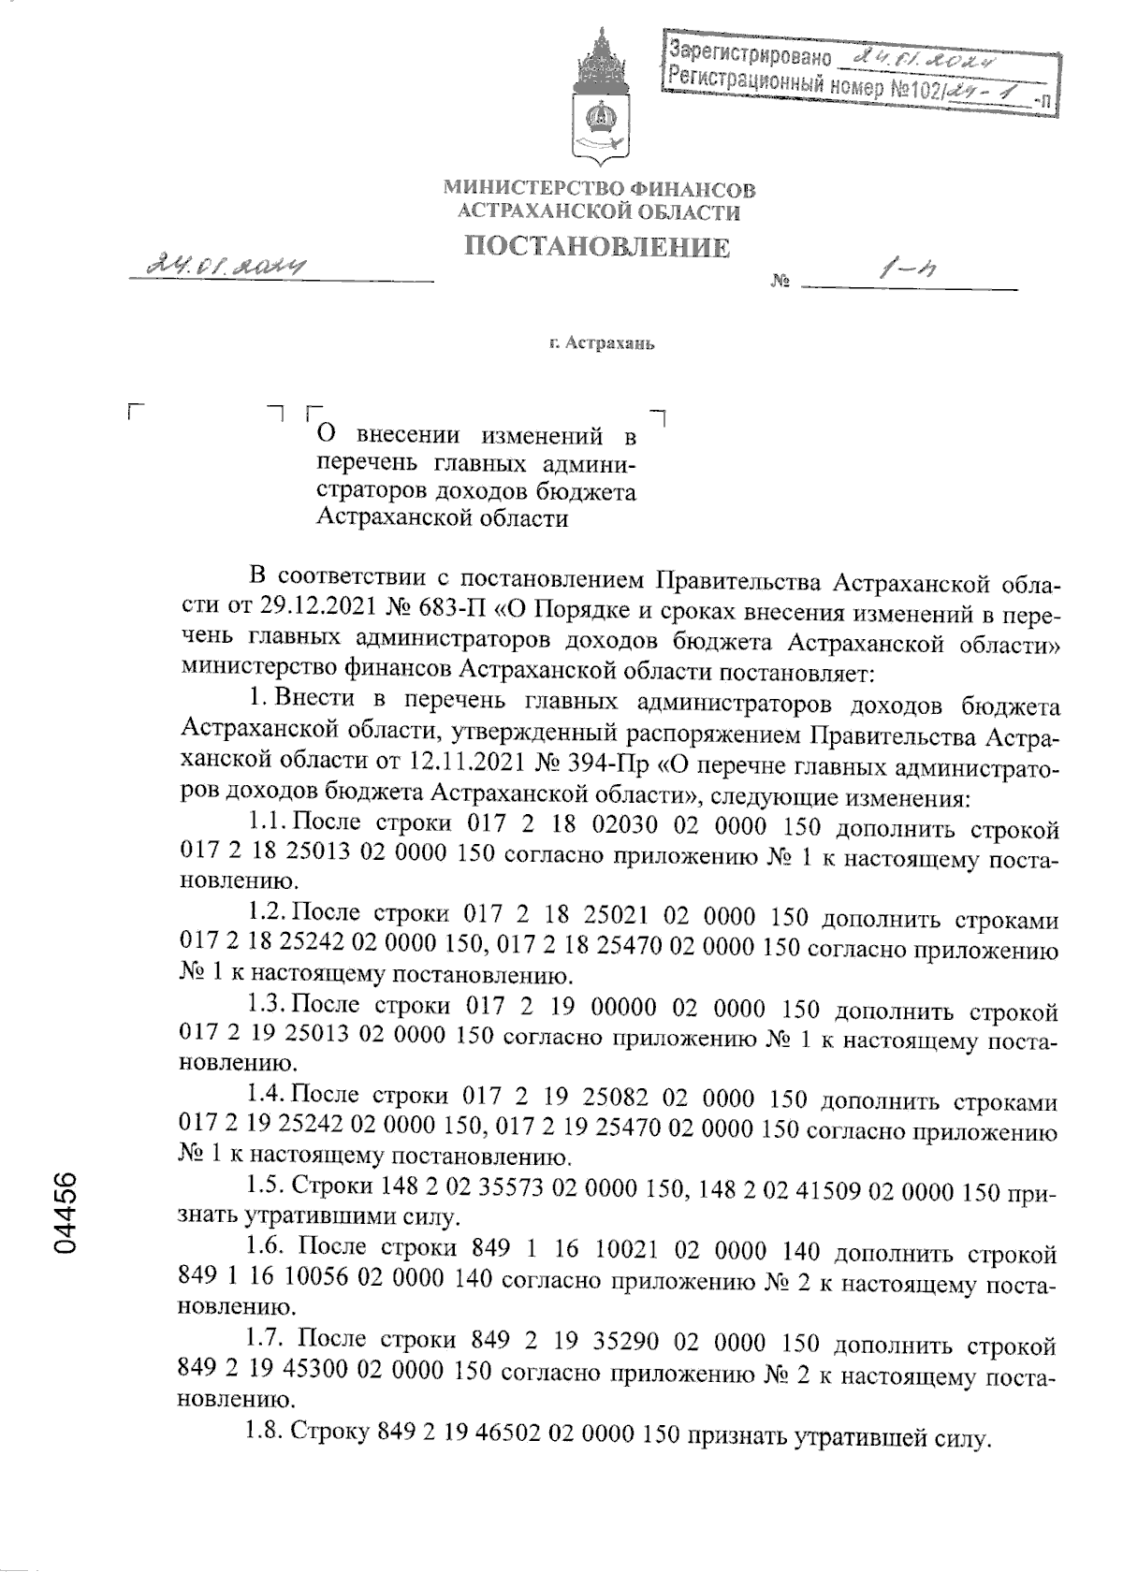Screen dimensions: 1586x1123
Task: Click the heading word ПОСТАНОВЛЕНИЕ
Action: coord(598,247)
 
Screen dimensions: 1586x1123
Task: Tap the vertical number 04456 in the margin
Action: coord(66,1214)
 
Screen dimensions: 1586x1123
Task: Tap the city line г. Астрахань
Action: coord(602,343)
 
